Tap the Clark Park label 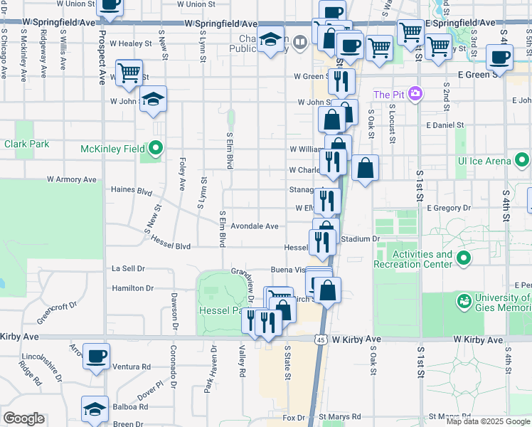(26, 144)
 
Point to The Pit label (388, 95)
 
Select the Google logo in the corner (24, 418)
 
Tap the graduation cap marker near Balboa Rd (95, 409)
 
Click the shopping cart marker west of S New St (129, 72)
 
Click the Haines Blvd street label (132, 191)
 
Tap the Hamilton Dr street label (132, 288)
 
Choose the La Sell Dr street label (129, 269)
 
